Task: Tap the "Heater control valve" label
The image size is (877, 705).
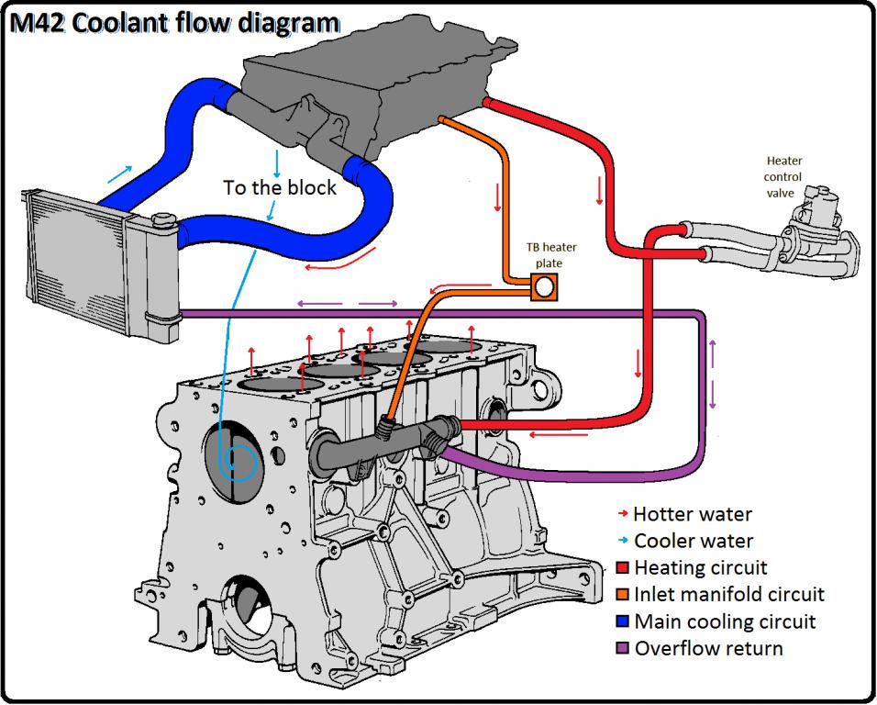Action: pyautogui.click(x=783, y=176)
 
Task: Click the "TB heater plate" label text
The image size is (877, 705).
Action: pyautogui.click(x=546, y=254)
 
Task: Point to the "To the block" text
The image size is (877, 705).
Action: pyautogui.click(x=280, y=187)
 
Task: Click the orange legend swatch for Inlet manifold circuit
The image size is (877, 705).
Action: pyautogui.click(x=623, y=595)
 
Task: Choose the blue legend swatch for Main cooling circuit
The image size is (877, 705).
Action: pyautogui.click(x=623, y=621)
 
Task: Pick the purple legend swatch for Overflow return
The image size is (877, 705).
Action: pyautogui.click(x=623, y=649)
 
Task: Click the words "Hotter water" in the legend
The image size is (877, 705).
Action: pyautogui.click(x=693, y=514)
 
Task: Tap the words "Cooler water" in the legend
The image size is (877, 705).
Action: pyautogui.click(x=694, y=541)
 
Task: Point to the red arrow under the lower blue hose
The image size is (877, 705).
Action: pyautogui.click(x=327, y=266)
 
